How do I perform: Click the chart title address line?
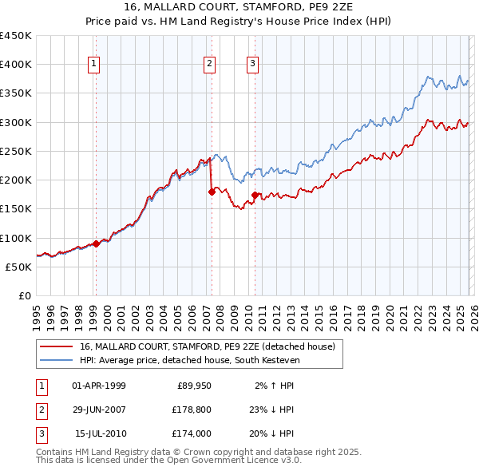coord(239,7)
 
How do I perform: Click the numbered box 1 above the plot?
coord(94,65)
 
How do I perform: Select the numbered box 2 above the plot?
coord(209,65)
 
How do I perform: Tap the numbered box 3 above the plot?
coord(252,65)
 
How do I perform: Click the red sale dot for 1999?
coord(96,243)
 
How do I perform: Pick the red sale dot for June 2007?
coord(212,192)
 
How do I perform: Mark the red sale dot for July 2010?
coord(255,195)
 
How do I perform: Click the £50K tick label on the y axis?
coord(19,267)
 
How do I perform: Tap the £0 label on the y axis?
coord(25,295)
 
